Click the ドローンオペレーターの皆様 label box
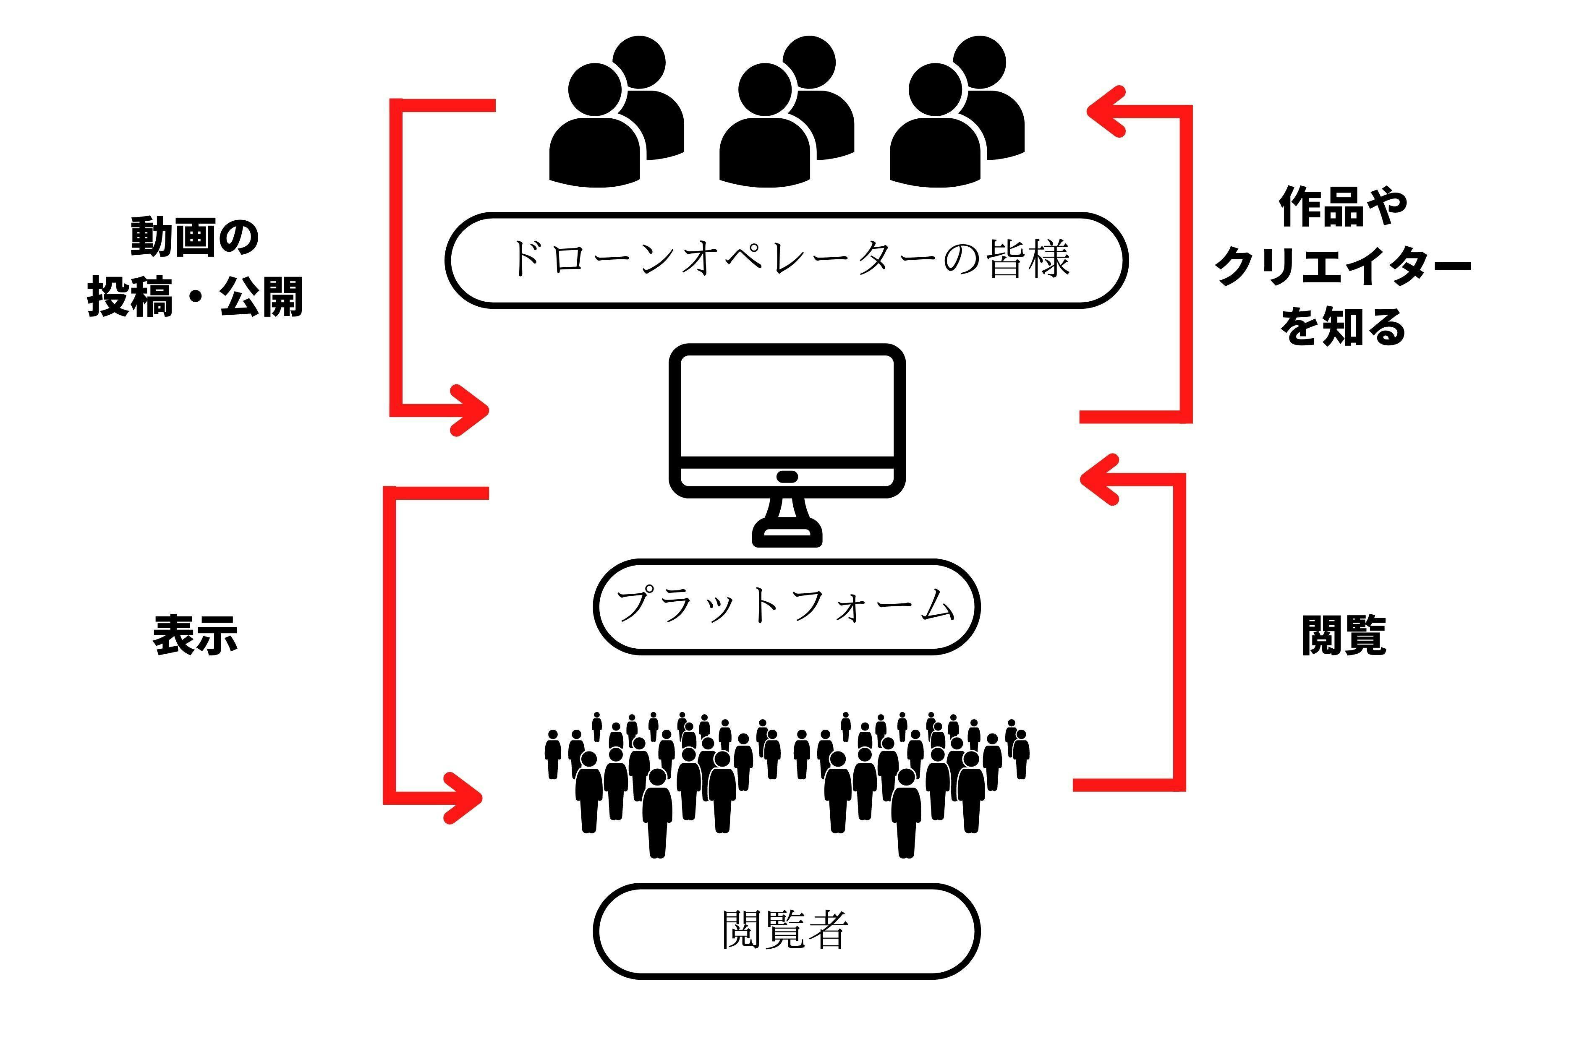pos(786,260)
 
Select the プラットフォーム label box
pos(786,606)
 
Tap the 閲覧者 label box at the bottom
pos(786,931)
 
